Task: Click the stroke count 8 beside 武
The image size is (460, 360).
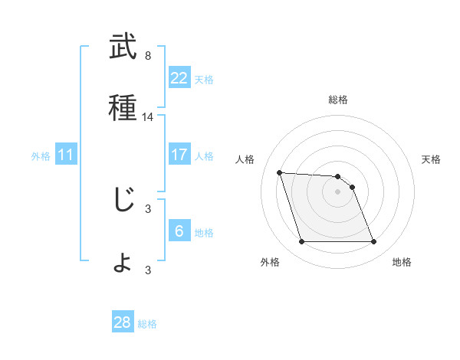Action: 148,56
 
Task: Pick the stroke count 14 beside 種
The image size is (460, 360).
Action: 148,117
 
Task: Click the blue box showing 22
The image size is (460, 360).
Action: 179,78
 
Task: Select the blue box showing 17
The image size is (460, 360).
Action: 179,155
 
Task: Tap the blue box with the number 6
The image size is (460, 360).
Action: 179,231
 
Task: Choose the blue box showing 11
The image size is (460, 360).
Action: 66,155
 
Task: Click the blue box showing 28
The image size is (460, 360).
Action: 122,322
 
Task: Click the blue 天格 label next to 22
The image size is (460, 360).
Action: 204,79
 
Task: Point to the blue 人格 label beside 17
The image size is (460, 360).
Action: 204,155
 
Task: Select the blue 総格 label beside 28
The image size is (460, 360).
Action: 147,323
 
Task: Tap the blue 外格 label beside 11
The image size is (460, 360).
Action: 41,155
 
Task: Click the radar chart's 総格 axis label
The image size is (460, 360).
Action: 338,100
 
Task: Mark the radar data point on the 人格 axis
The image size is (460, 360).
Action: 280,172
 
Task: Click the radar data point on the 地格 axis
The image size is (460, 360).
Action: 373,242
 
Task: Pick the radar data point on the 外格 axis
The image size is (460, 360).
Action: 301,242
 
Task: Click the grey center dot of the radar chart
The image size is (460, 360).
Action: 338,191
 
